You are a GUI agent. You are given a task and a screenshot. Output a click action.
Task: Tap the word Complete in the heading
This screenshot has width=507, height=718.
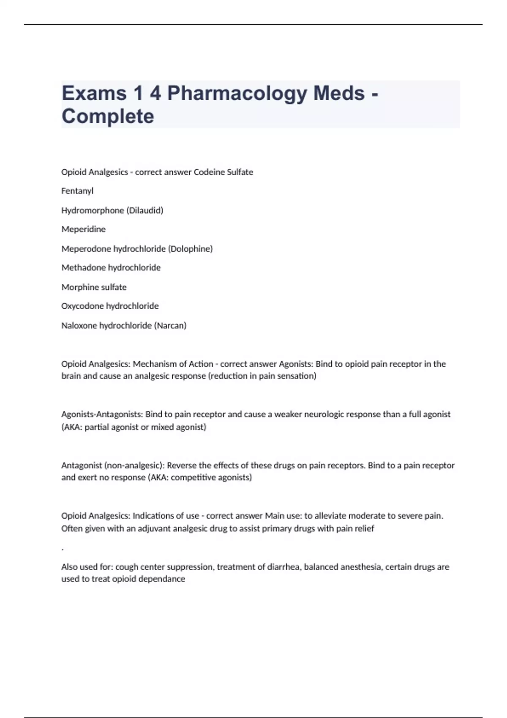(108, 116)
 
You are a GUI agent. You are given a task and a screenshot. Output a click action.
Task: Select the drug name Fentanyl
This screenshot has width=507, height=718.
(77, 191)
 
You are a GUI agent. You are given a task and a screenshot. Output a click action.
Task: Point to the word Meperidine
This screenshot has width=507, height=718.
(84, 229)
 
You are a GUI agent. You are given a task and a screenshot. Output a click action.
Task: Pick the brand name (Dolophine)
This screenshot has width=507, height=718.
(190, 249)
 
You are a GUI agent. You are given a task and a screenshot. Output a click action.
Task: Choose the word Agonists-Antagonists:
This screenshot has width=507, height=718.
(102, 414)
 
